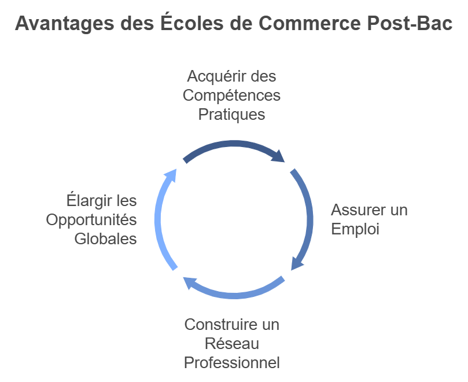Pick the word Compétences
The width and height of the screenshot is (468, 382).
(x=231, y=95)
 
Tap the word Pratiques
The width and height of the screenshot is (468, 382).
(x=231, y=115)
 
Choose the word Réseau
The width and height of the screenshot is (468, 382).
(x=231, y=343)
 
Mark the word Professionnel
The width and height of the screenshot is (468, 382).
(x=231, y=363)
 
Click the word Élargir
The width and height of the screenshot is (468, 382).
(x=86, y=201)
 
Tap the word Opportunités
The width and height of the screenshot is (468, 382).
(x=91, y=220)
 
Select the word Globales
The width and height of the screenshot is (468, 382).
(x=106, y=238)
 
